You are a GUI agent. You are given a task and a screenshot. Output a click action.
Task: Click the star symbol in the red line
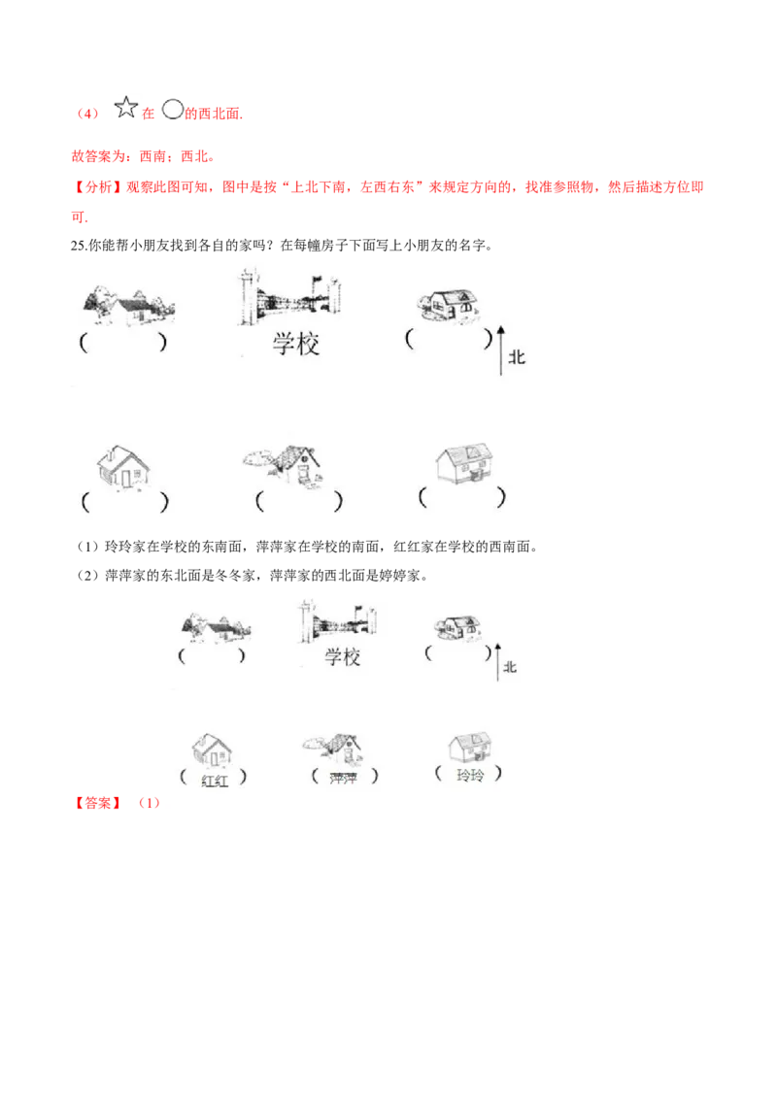click(x=125, y=107)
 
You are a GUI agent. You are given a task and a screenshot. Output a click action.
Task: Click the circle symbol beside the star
click(x=173, y=110)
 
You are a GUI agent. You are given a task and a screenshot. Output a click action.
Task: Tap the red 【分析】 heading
click(x=97, y=187)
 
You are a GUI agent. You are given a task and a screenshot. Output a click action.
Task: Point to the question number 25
click(x=78, y=246)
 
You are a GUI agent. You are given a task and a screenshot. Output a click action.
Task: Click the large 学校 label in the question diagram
click(x=296, y=344)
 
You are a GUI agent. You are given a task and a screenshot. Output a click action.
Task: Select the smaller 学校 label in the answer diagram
click(x=342, y=656)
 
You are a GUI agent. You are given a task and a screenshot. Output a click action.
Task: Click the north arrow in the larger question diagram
click(x=501, y=350)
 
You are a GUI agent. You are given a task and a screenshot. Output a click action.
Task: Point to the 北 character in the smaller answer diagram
click(x=510, y=667)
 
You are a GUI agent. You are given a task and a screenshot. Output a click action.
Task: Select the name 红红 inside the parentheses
click(x=215, y=781)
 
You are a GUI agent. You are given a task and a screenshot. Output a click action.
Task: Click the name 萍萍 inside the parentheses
click(x=344, y=778)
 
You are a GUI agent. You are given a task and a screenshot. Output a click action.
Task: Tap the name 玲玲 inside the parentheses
click(x=470, y=775)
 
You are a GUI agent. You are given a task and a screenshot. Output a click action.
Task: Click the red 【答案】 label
click(x=98, y=803)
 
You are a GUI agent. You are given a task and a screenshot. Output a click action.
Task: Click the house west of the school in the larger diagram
click(x=128, y=306)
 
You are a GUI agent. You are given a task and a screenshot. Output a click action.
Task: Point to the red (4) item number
click(x=87, y=114)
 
